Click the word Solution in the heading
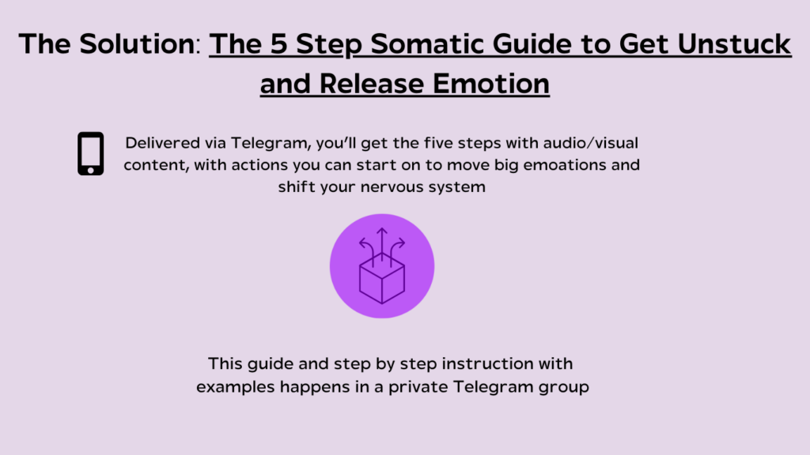coord(137,44)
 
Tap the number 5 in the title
coord(278,44)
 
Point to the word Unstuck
coord(734,44)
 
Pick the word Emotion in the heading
coord(490,84)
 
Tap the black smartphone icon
coord(90,154)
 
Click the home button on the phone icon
coord(90,170)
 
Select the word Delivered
coord(162,143)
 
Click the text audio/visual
coord(590,143)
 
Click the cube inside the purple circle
coord(382,279)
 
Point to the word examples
coord(235,387)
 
